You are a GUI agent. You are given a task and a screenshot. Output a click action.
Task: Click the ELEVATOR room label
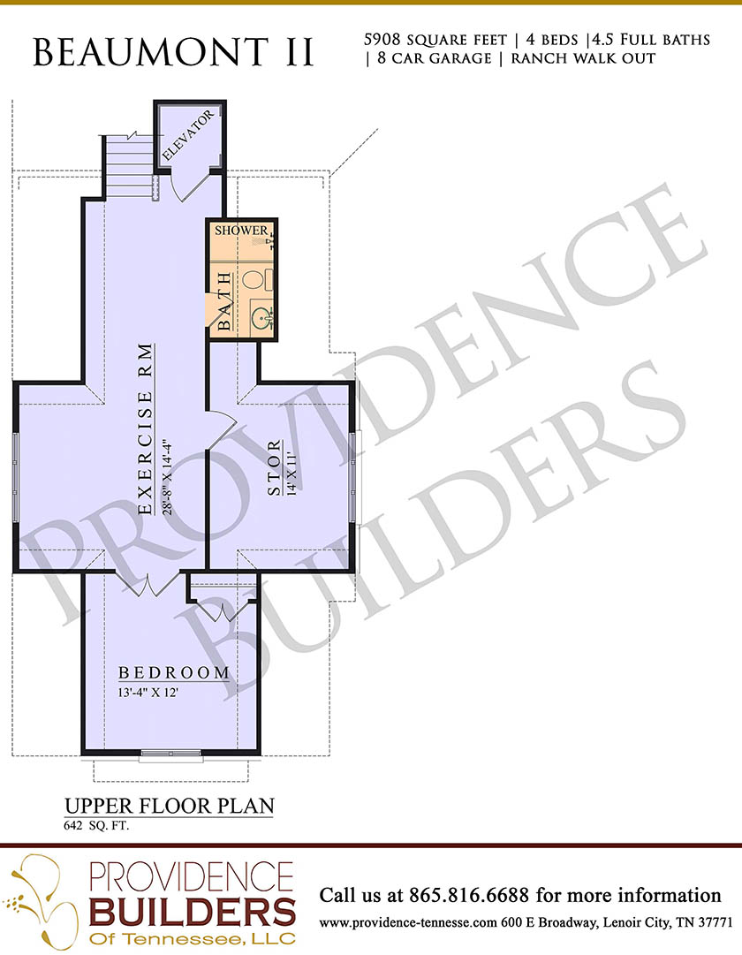click(x=189, y=135)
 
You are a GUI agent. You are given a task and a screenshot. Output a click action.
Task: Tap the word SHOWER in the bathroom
click(x=241, y=231)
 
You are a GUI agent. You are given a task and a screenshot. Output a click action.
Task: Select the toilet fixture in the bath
click(x=256, y=279)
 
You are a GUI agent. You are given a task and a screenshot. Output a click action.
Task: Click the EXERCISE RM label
click(x=145, y=429)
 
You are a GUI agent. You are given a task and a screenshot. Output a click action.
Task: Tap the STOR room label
click(x=276, y=467)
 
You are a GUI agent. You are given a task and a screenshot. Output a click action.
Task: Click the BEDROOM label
click(x=174, y=673)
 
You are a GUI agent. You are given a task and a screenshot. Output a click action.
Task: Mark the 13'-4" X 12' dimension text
click(x=148, y=693)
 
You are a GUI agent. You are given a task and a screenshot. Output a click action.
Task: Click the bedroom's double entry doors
click(x=148, y=585)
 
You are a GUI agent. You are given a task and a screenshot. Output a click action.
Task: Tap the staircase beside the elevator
click(x=130, y=166)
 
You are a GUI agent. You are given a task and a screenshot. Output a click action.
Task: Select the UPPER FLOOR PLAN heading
click(x=170, y=806)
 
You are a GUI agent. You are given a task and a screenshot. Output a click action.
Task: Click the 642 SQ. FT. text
click(x=96, y=827)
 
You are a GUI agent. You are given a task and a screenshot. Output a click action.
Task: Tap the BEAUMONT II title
click(x=173, y=52)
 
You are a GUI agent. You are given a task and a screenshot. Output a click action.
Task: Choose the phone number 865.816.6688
click(x=469, y=895)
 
